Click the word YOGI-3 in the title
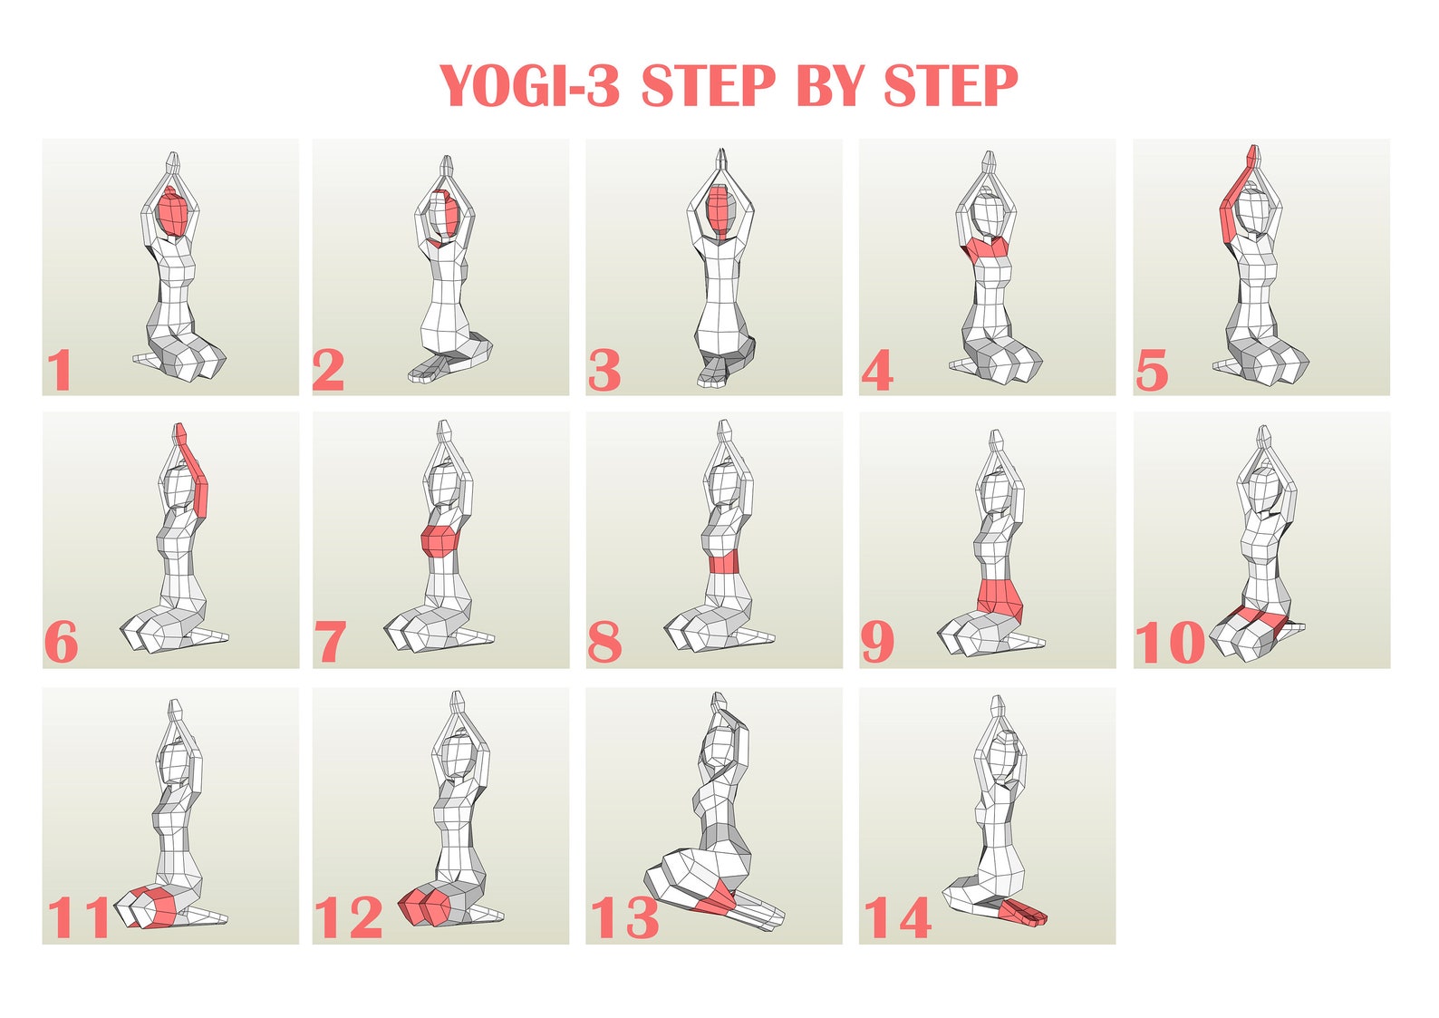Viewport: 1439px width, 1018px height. pos(530,87)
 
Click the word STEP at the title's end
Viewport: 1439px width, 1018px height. pos(951,87)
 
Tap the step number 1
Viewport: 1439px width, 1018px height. pos(60,371)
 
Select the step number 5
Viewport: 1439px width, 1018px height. pos(1151,372)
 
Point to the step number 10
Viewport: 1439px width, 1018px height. pos(1169,643)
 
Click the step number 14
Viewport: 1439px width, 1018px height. pos(897,917)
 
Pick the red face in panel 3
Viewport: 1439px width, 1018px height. pos(719,209)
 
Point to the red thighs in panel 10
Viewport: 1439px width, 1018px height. pos(1255,619)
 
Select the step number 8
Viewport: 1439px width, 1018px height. pos(604,643)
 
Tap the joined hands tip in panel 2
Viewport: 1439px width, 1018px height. pos(445,166)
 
